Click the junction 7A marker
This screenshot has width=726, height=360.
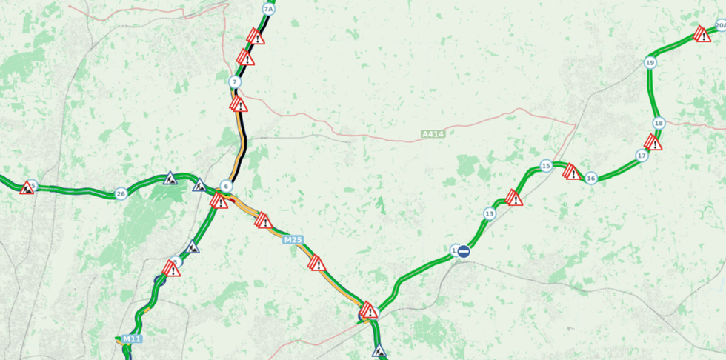(x=268, y=9)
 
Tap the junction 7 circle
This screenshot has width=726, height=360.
(x=235, y=81)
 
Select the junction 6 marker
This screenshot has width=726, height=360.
(x=227, y=186)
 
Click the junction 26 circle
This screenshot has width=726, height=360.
(x=121, y=194)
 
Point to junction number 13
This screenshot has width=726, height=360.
(x=489, y=214)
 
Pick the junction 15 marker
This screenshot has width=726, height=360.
(x=546, y=166)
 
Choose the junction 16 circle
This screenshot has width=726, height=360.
(x=590, y=178)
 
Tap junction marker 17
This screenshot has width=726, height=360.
(x=642, y=156)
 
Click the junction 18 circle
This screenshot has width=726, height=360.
(x=659, y=123)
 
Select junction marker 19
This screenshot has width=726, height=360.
(x=650, y=63)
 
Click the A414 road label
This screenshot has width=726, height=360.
(x=432, y=134)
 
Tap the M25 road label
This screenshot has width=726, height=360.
(x=293, y=239)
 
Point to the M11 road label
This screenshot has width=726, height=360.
(x=131, y=339)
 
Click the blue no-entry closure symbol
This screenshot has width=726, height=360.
(x=464, y=251)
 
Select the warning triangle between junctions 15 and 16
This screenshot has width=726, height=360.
(x=572, y=173)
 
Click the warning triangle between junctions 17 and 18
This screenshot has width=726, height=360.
(x=653, y=141)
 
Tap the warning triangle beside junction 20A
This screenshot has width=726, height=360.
(x=702, y=34)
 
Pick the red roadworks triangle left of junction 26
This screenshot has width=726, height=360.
(x=27, y=187)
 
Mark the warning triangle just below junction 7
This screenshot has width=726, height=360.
(x=239, y=104)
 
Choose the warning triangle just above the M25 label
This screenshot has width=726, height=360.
(x=263, y=221)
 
